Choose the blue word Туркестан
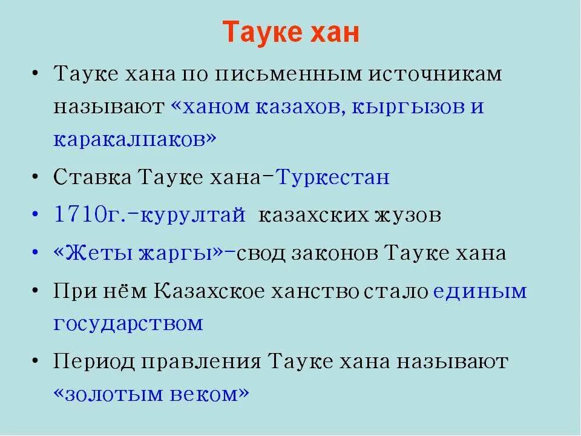333,177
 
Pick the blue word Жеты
91,253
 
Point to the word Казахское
209,291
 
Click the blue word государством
128,323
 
